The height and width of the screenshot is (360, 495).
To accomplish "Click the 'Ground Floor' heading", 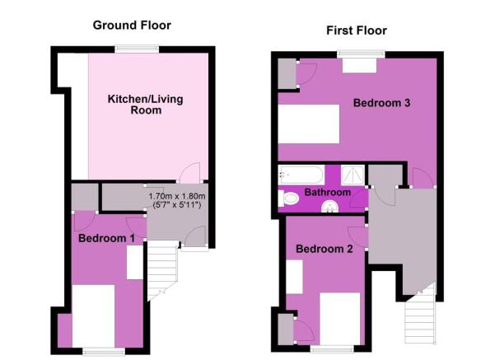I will (x=132, y=26).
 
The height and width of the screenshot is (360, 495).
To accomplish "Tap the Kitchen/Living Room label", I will (x=146, y=105).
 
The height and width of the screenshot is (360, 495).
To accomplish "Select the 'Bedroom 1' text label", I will (x=107, y=238).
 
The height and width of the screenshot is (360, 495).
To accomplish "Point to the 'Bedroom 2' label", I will (x=325, y=249).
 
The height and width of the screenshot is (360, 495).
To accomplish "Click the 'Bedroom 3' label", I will (x=382, y=104).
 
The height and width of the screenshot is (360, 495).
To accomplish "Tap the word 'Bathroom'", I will (x=328, y=193).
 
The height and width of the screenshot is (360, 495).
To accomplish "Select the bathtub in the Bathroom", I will (x=301, y=174).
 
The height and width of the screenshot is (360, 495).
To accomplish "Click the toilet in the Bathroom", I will (x=291, y=198).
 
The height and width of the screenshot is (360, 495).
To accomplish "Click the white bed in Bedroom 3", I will (x=309, y=124).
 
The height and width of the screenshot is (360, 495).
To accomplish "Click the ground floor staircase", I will (x=163, y=272).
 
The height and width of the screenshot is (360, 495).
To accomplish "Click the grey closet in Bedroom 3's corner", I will (x=287, y=74).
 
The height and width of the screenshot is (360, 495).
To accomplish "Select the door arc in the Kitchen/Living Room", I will (x=190, y=172).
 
